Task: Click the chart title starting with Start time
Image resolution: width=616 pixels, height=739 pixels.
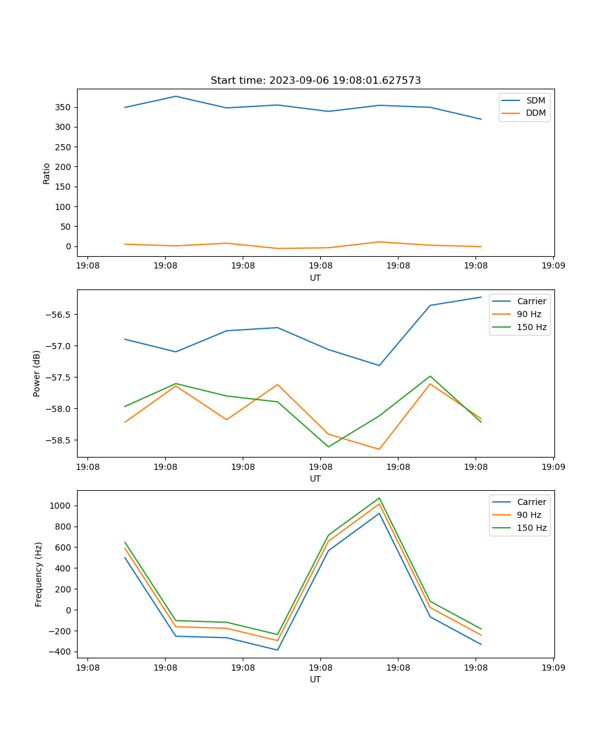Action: [315, 81]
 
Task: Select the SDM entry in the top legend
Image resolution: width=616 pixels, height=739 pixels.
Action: [535, 100]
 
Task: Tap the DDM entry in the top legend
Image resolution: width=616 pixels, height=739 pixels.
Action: [535, 113]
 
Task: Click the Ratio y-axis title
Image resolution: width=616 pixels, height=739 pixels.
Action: [47, 173]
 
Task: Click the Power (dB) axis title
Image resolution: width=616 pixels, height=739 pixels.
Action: [38, 373]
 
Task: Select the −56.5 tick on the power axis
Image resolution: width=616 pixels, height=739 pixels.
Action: [59, 314]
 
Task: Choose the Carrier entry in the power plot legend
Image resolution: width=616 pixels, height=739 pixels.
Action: [531, 301]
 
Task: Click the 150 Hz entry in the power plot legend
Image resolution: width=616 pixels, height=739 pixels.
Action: [531, 327]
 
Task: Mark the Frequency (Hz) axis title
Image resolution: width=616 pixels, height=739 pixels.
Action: [39, 574]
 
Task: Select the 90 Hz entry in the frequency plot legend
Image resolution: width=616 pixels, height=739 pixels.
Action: [529, 515]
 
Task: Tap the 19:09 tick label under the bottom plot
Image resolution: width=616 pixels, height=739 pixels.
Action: [553, 668]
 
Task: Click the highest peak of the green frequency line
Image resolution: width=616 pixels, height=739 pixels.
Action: [379, 498]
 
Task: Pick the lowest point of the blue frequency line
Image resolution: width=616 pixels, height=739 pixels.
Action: [277, 650]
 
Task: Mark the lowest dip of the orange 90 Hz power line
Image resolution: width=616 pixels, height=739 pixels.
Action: [379, 449]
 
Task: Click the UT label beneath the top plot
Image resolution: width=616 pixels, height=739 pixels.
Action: [315, 278]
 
